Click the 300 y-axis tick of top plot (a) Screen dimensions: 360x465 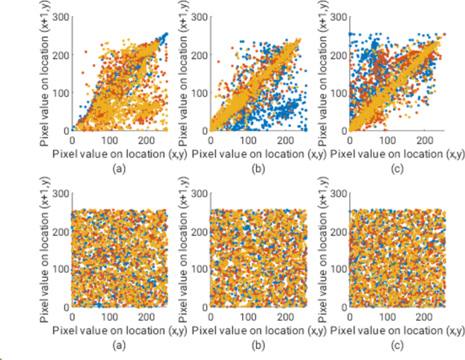click(60, 16)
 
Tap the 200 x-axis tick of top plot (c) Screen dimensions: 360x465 click(424, 139)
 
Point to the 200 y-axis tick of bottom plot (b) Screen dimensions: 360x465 click(199, 231)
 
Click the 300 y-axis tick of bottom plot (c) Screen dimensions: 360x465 click(338, 194)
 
